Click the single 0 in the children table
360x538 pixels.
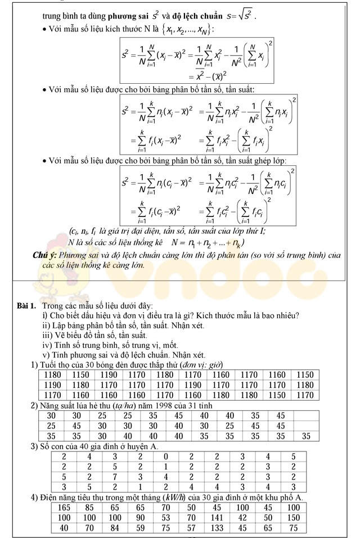click(x=165, y=456)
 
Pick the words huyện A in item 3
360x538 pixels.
click(x=143, y=446)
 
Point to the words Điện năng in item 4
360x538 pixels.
click(x=58, y=498)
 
